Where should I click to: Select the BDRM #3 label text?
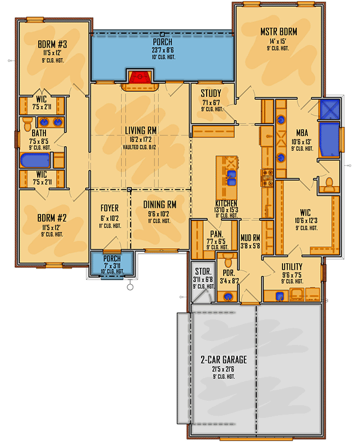point(53,44)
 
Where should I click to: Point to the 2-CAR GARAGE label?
point(224,359)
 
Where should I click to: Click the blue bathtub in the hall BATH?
point(35,161)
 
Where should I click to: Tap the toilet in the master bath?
point(328,183)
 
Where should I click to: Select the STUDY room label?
point(211,93)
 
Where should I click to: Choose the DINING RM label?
point(160,204)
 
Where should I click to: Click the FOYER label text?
point(110,208)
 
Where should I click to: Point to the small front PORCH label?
point(112,259)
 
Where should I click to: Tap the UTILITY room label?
point(292,266)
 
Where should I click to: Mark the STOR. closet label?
point(202,271)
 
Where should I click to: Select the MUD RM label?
point(250,239)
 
